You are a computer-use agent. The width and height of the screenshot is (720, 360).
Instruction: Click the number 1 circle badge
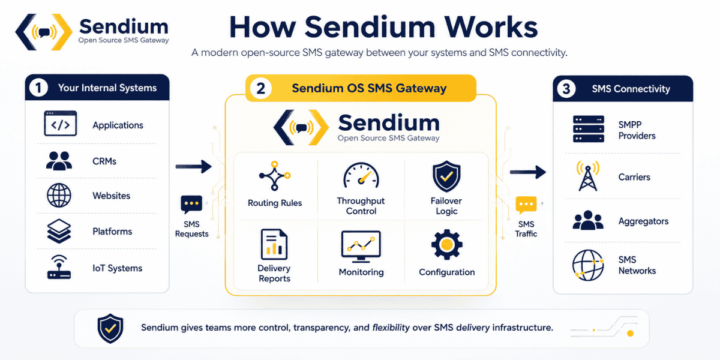(38, 88)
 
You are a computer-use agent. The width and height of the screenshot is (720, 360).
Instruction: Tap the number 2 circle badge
(260, 88)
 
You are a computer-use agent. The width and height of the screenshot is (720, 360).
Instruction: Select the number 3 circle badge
(566, 89)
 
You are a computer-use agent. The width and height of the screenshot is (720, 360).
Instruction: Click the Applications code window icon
(61, 124)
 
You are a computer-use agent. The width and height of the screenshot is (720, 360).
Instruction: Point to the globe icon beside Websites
(59, 196)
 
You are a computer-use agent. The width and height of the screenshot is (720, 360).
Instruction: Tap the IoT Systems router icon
(59, 267)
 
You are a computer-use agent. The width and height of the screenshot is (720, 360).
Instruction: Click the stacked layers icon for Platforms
(59, 231)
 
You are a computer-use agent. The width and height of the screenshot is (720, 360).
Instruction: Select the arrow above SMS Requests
(193, 167)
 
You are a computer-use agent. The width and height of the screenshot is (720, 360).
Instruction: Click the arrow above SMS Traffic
(528, 172)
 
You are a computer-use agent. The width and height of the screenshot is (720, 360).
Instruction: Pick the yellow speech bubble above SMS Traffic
(526, 205)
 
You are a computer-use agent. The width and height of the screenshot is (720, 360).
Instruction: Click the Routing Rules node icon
(275, 176)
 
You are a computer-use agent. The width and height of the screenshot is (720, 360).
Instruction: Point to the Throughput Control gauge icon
(361, 175)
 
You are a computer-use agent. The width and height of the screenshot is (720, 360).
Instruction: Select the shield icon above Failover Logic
(446, 176)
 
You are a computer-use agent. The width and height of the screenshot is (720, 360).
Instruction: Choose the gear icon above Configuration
(447, 245)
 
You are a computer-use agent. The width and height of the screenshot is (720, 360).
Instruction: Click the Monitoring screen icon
(361, 247)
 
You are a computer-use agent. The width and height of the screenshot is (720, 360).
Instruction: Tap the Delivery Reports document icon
(274, 244)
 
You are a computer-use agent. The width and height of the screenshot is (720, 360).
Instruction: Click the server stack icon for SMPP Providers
(589, 129)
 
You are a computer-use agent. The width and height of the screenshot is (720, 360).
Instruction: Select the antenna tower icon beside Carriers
(588, 176)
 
